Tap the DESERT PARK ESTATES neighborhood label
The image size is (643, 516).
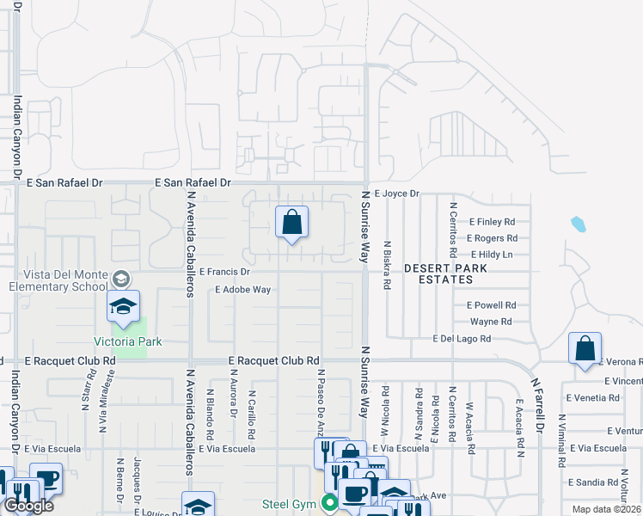434,273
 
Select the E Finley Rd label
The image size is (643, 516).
491,221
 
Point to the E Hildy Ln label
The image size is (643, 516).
492,255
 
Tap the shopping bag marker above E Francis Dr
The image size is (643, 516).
292,223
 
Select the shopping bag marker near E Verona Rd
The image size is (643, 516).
585,349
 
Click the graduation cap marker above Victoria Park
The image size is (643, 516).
123,307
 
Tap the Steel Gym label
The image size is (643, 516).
291,504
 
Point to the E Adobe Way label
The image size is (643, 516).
243,290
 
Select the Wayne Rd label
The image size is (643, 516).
491,322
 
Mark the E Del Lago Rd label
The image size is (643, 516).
462,339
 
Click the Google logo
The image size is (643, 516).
29,506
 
